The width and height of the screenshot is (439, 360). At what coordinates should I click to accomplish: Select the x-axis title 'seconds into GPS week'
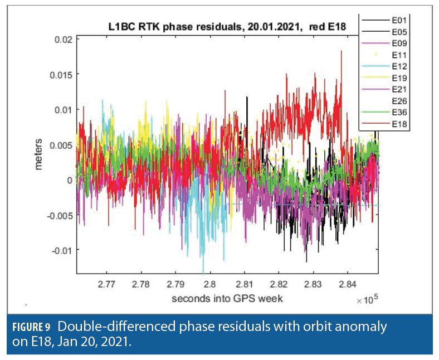pyautogui.click(x=227, y=298)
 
